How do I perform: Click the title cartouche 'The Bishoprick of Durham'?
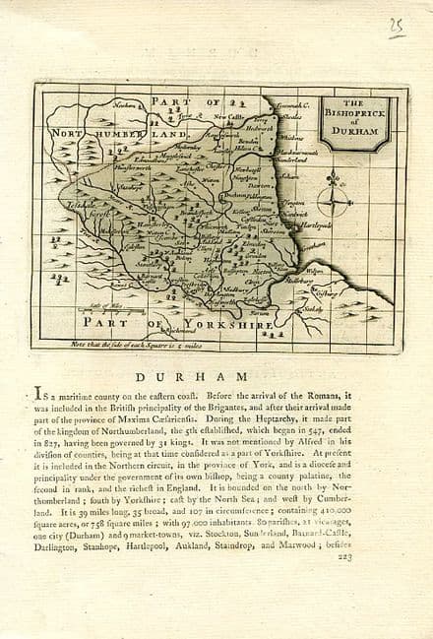[x=360, y=120]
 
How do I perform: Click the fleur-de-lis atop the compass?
[x=335, y=180]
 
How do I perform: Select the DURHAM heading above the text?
[x=216, y=375]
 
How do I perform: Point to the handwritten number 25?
[x=396, y=27]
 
